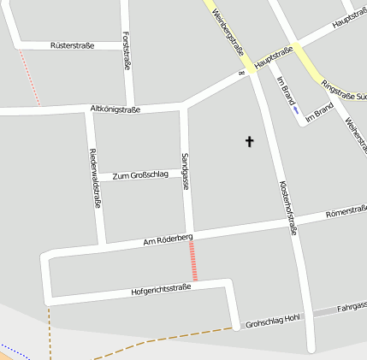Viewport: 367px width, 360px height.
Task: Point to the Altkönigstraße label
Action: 115,109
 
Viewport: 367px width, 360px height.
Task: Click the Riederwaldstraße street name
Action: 95,179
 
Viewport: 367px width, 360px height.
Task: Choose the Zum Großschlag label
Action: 139,175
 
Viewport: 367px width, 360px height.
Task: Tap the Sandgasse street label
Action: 185,172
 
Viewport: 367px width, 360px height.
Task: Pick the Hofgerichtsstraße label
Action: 161,291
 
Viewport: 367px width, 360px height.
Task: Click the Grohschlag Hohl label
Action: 272,321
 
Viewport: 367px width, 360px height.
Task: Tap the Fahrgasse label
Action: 352,305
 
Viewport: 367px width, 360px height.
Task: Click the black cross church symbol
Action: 251,141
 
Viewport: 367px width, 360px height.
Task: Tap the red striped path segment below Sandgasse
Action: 194,261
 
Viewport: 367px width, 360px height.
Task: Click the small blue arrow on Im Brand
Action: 295,109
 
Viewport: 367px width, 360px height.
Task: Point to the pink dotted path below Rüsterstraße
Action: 30,77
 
